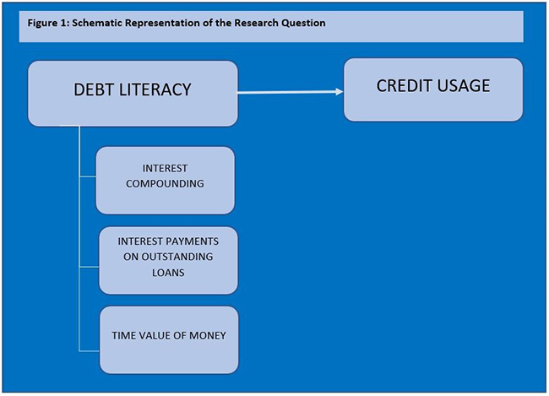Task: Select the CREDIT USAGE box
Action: point(432,89)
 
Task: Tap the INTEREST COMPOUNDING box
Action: point(165,180)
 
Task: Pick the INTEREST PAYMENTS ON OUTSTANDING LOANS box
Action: point(167,259)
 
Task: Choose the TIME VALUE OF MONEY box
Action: point(168,339)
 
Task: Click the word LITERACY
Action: point(157,90)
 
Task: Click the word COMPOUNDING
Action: point(165,182)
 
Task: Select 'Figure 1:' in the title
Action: point(46,23)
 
